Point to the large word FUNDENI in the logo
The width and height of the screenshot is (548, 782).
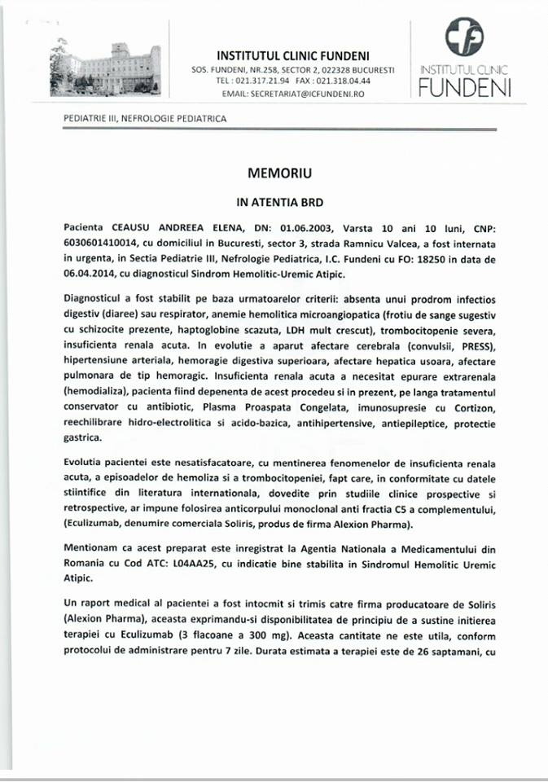coord(465,90)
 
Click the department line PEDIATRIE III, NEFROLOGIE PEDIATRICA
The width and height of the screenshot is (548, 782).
coord(145,119)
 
